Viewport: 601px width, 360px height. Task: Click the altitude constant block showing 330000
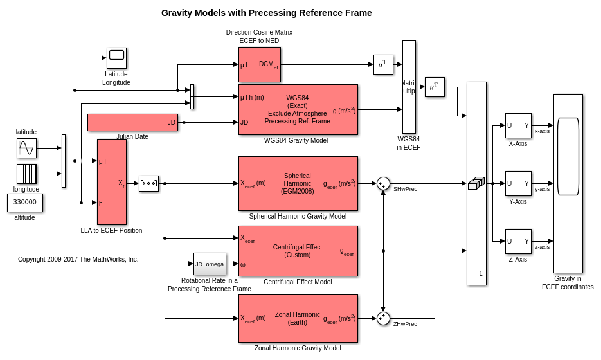click(25, 203)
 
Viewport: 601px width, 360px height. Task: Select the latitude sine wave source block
click(26, 148)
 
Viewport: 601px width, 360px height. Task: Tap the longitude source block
click(26, 174)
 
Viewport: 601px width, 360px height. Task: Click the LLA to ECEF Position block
click(112, 182)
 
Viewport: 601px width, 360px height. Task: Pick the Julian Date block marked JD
click(132, 122)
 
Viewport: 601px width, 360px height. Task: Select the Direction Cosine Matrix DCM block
click(260, 64)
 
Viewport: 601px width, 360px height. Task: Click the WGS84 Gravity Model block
click(298, 110)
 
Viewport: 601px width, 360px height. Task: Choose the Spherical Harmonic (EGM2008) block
click(298, 183)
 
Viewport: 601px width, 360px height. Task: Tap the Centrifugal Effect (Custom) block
click(298, 251)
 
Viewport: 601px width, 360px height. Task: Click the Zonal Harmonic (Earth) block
click(298, 318)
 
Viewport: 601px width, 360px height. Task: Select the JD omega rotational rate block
click(210, 264)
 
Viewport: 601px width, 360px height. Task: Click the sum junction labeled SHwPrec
click(383, 184)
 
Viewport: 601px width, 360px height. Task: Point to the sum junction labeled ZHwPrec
click(383, 318)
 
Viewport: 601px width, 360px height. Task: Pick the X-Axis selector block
click(518, 125)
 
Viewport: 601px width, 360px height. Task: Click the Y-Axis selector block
click(518, 183)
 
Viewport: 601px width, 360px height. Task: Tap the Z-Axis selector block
click(518, 241)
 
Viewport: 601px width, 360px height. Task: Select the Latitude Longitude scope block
click(116, 58)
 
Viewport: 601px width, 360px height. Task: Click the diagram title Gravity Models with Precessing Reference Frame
click(266, 13)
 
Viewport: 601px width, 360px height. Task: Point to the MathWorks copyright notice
click(78, 260)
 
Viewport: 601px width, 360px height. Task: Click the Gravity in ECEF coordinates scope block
click(568, 183)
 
